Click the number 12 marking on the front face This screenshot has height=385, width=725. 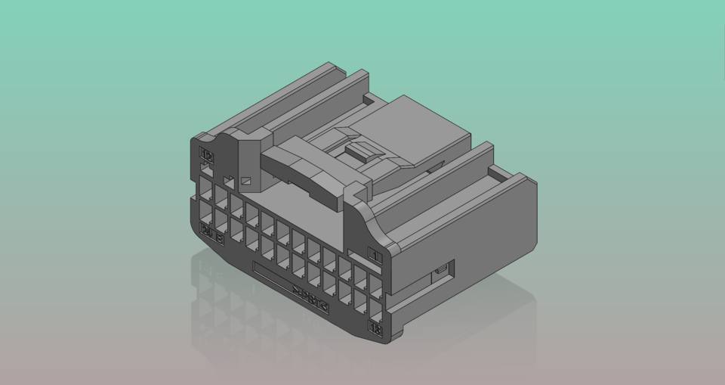click(x=206, y=155)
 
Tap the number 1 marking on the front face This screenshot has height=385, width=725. click(x=375, y=256)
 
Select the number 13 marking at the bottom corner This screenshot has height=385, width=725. click(x=375, y=328)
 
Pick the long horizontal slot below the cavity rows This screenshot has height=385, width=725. click(x=272, y=273)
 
